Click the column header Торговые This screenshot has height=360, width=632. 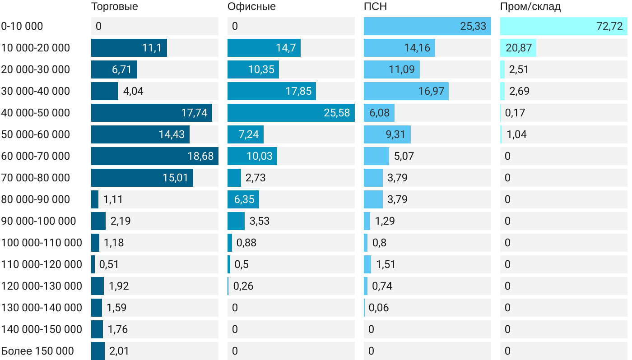(x=115, y=7)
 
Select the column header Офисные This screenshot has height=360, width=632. (x=251, y=7)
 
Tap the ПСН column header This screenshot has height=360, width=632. (x=375, y=7)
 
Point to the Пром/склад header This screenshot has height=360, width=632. (x=530, y=7)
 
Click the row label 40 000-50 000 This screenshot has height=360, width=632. (x=36, y=113)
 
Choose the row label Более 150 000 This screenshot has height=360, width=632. (x=37, y=351)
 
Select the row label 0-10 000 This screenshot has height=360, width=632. (x=22, y=26)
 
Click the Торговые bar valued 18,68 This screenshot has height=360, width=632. (x=154, y=156)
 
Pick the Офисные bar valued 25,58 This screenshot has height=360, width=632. (x=291, y=113)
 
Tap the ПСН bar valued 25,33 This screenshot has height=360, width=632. (x=427, y=26)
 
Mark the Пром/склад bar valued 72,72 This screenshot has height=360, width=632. (x=563, y=26)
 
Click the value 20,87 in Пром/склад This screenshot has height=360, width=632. (x=519, y=48)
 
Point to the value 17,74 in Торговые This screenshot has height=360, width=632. (x=194, y=113)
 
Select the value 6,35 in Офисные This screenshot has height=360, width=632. (x=244, y=199)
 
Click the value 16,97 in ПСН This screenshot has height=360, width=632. (x=431, y=91)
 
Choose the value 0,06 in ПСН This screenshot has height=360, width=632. (x=379, y=308)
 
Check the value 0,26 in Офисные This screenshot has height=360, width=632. (x=243, y=286)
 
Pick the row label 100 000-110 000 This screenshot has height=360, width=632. (x=42, y=243)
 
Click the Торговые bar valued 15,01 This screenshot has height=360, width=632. (x=142, y=178)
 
